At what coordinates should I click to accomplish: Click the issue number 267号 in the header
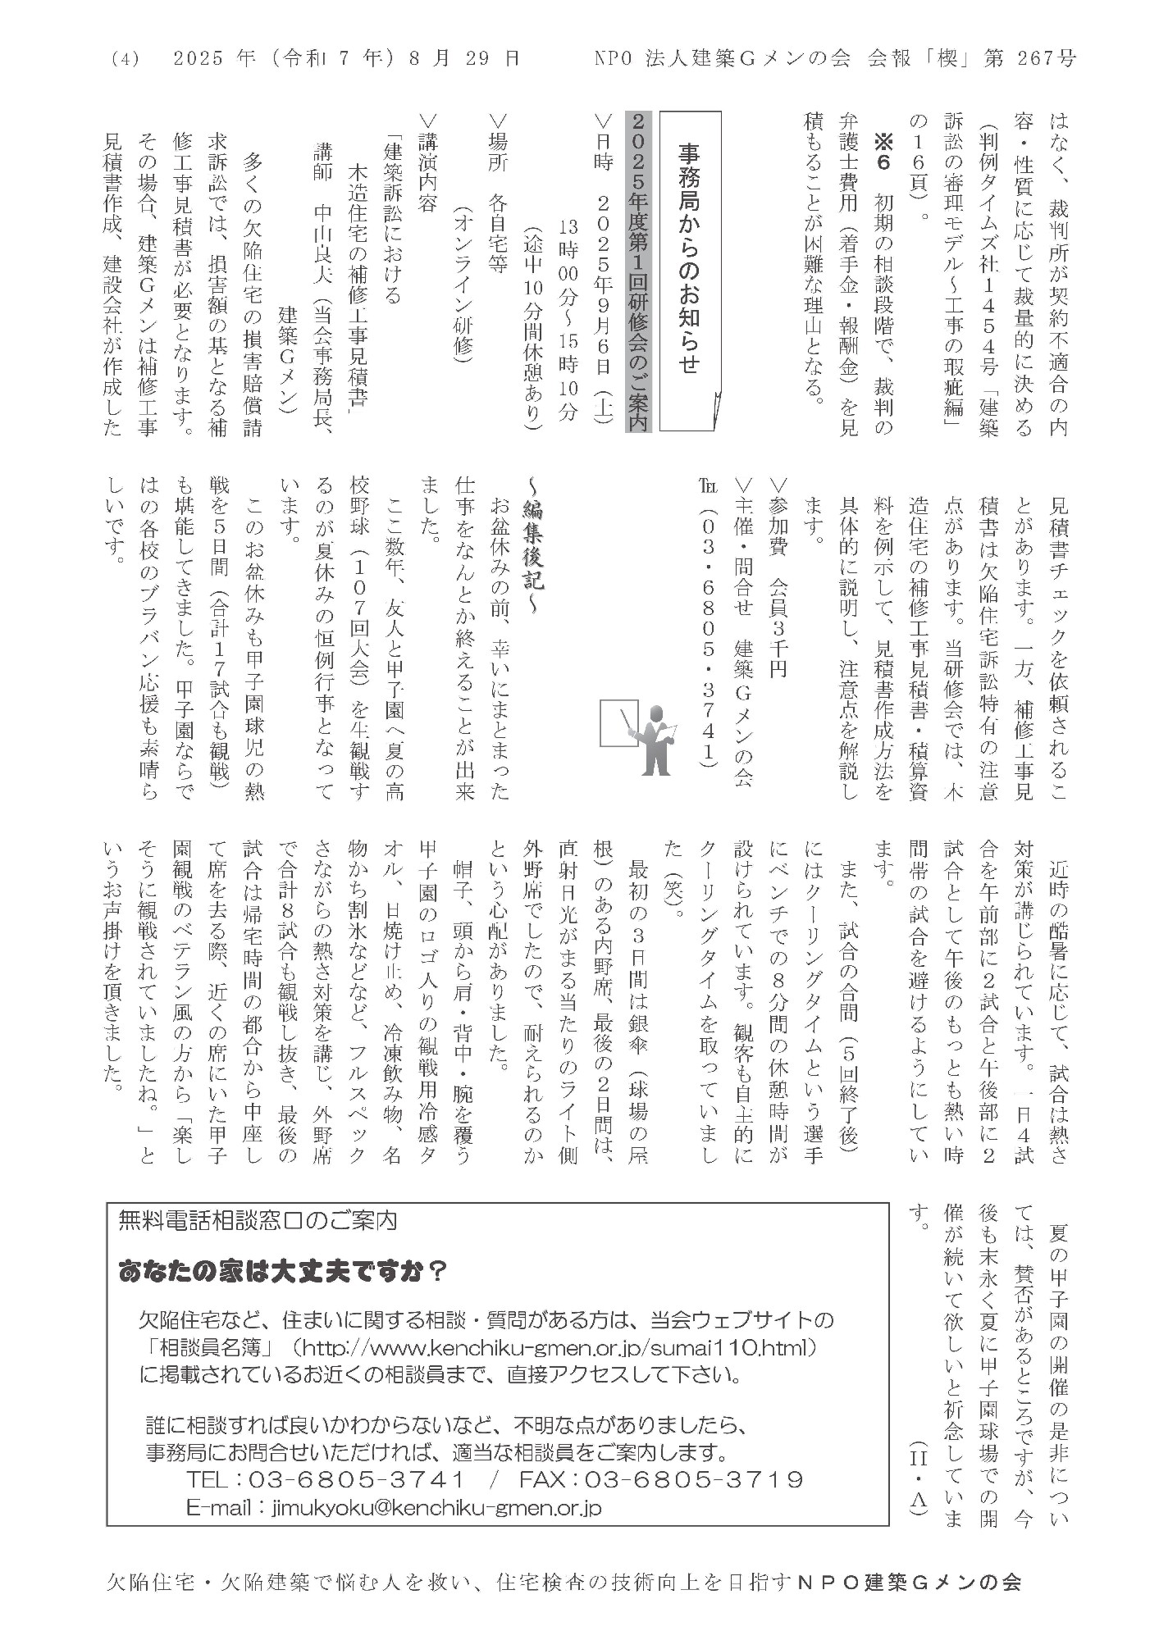tap(1045, 59)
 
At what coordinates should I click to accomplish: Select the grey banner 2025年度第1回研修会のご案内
tap(637, 271)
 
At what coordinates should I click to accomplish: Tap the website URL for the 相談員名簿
tap(559, 1346)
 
